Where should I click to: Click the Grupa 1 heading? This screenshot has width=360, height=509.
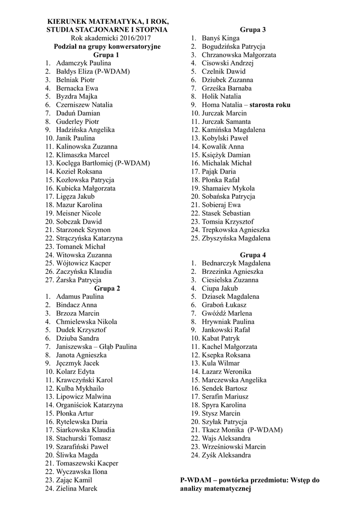pyautogui.click(x=106, y=55)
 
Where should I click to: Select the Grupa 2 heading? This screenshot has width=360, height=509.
pyautogui.click(x=107, y=288)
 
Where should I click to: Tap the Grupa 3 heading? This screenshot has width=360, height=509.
pyautogui.click(x=253, y=30)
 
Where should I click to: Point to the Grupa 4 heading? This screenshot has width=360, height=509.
pyautogui.click(x=253, y=255)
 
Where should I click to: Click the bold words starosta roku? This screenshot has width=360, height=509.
pyautogui.click(x=270, y=105)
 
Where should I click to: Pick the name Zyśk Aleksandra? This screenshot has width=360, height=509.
pyautogui.click(x=226, y=455)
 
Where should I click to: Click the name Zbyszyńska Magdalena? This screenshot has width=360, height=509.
pyautogui.click(x=236, y=239)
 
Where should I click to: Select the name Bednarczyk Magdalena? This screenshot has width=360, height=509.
pyautogui.click(x=236, y=263)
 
